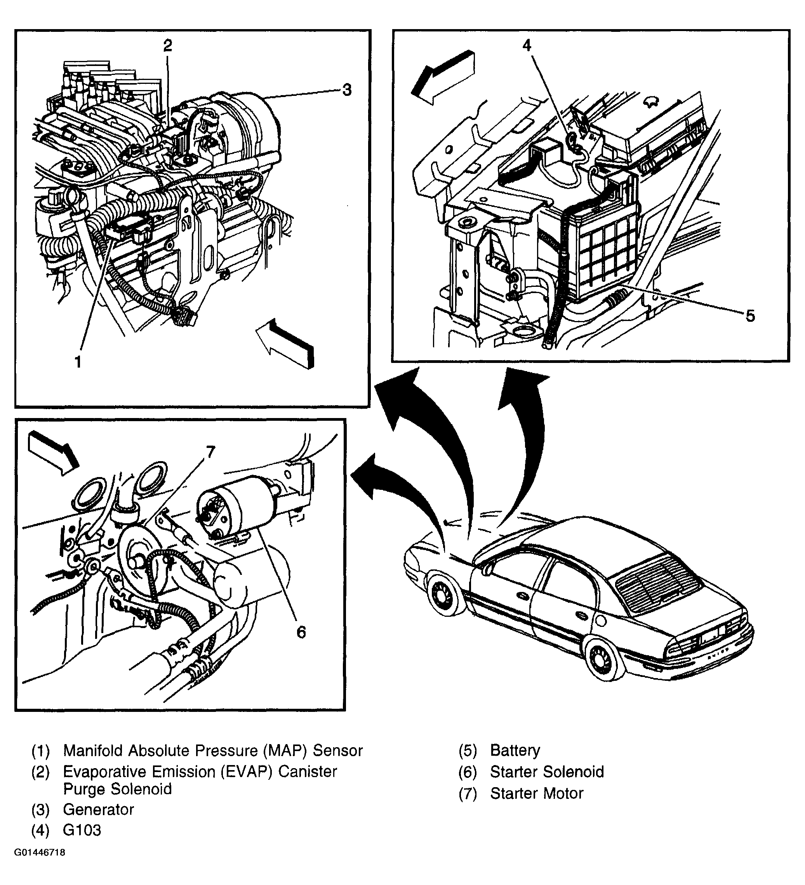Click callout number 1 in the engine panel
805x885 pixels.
(78, 362)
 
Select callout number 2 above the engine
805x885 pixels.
(168, 46)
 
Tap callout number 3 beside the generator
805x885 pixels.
(347, 90)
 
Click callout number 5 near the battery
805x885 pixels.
(750, 316)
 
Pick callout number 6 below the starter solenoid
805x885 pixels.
(301, 633)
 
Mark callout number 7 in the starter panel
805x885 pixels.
(211, 452)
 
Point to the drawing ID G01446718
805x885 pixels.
(40, 865)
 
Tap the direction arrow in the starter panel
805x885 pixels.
(53, 453)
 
